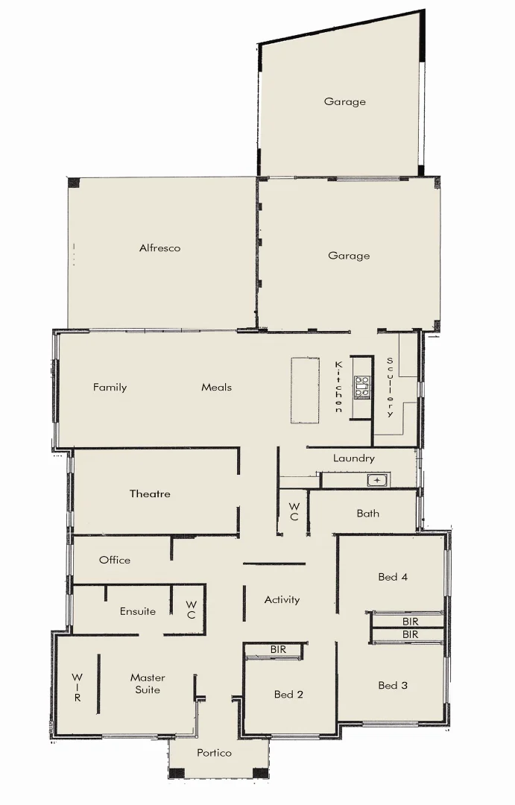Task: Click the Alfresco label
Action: (x=159, y=248)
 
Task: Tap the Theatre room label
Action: (x=150, y=494)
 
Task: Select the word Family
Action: (x=110, y=388)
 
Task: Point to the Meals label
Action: (x=216, y=388)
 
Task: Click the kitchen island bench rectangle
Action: (x=305, y=391)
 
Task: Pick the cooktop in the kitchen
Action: (x=362, y=387)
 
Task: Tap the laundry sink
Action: (x=378, y=481)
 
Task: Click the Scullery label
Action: (x=390, y=387)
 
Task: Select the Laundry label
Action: (x=353, y=458)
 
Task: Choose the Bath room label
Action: (x=367, y=514)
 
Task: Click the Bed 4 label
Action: (x=393, y=577)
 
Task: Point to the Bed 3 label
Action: (x=393, y=686)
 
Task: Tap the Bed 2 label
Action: (x=288, y=695)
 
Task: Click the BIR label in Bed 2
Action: (x=278, y=650)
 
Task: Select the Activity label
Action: (x=282, y=599)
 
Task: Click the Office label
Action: (x=115, y=560)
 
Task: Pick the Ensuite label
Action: (x=138, y=611)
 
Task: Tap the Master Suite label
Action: (x=148, y=684)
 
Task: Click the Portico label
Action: (x=214, y=753)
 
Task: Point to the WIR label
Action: (x=77, y=687)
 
